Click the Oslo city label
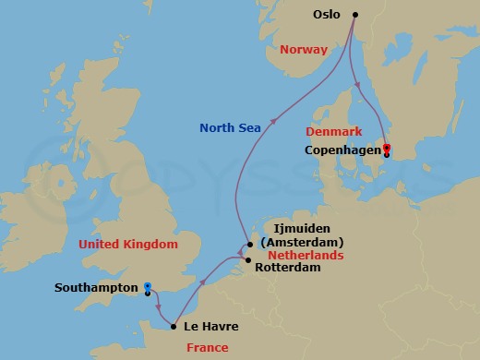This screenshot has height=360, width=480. click(329, 15)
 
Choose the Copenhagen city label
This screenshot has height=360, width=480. click(342, 150)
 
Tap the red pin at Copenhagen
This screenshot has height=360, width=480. click(386, 148)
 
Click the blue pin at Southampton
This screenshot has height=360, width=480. click(148, 287)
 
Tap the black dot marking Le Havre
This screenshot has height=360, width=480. click(174, 325)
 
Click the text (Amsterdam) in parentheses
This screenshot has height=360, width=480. click(303, 241)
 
